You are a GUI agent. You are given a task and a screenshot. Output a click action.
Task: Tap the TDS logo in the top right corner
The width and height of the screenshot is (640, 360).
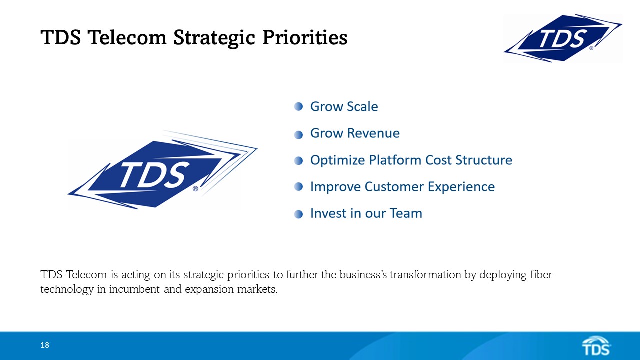[x=563, y=38]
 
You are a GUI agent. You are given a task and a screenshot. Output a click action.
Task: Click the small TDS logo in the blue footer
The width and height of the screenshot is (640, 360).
[x=596, y=345]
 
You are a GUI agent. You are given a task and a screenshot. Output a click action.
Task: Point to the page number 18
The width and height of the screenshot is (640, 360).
[x=45, y=345]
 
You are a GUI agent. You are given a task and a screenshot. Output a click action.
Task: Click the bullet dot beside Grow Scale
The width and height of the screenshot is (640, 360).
[x=299, y=106]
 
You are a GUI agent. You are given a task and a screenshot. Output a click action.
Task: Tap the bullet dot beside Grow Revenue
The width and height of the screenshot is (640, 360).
[x=299, y=134]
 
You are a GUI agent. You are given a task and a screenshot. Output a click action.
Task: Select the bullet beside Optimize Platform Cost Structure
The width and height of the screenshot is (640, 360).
[x=299, y=160]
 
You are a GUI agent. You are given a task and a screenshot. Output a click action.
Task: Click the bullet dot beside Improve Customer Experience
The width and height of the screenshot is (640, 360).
[x=299, y=187]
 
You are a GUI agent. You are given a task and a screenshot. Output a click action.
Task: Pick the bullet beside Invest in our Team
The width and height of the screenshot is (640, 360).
[x=299, y=214]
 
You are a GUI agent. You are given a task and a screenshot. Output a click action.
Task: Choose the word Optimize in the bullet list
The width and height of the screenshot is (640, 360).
[x=338, y=160]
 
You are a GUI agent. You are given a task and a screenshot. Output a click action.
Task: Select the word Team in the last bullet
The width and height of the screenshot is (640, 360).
[x=405, y=213]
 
